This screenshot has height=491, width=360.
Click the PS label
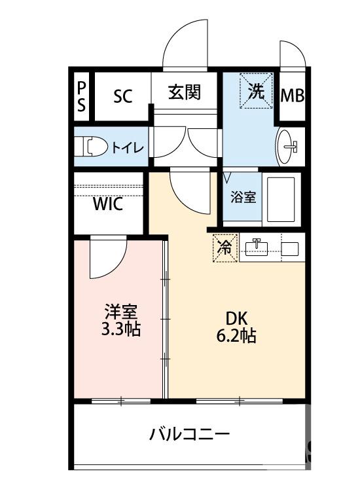click(x=81, y=96)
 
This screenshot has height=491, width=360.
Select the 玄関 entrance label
click(x=184, y=93)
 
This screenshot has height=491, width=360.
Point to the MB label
click(x=292, y=96)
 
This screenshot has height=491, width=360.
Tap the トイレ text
click(x=127, y=147)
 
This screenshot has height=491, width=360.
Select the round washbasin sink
click(x=288, y=145)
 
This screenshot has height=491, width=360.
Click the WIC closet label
click(x=107, y=204)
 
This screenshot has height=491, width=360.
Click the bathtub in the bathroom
click(x=281, y=198)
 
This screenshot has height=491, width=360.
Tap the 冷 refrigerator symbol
click(x=224, y=249)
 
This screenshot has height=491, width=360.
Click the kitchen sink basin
click(x=259, y=248)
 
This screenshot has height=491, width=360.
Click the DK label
click(x=236, y=319)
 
